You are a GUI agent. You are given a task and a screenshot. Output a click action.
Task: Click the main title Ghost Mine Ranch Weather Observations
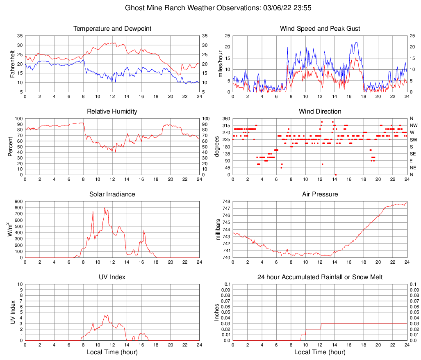click(x=211, y=8)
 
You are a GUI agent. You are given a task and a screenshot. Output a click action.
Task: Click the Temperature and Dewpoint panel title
click(x=112, y=29)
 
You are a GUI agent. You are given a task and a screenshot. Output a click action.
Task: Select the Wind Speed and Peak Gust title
click(x=320, y=29)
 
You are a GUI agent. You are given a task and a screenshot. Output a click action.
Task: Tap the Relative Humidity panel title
click(x=112, y=112)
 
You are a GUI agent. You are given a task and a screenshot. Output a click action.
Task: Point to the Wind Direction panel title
click(x=320, y=112)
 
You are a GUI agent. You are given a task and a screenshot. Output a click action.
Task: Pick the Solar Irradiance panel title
click(x=112, y=194)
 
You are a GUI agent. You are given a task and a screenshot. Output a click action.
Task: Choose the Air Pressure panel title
click(x=320, y=194)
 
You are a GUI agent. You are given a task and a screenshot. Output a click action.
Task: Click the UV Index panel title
click(x=112, y=277)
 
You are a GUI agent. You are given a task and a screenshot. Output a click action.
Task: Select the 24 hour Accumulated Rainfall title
click(x=320, y=277)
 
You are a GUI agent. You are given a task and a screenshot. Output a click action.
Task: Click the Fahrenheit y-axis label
click(x=11, y=64)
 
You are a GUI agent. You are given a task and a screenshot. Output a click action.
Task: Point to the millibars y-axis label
click(x=218, y=230)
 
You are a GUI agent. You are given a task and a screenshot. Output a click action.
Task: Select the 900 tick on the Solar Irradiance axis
click(x=18, y=202)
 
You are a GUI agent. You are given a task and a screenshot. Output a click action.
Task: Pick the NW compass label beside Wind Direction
click(x=413, y=125)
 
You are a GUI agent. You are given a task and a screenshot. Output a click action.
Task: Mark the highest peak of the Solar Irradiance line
click(x=105, y=208)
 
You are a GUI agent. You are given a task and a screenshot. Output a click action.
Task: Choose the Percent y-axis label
click(x=11, y=146)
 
